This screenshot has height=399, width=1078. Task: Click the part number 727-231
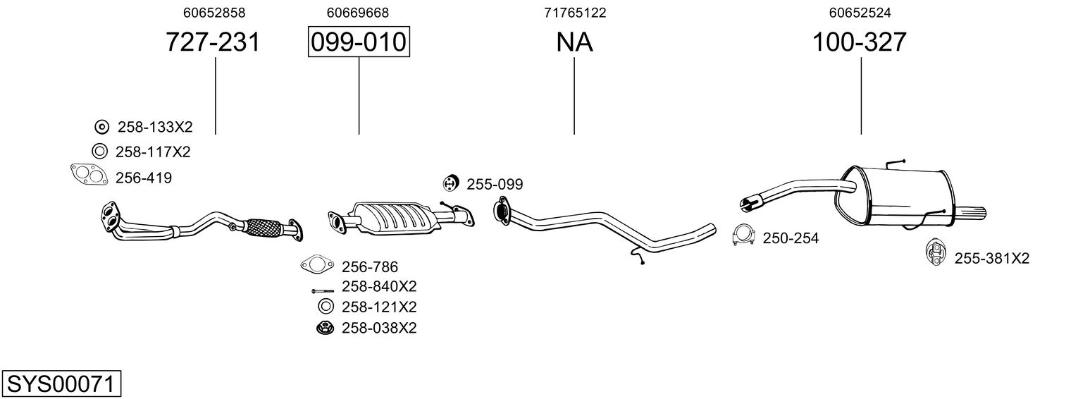point(213,42)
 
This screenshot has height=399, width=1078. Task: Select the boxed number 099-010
point(359,42)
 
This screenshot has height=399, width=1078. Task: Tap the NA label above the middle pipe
point(574,42)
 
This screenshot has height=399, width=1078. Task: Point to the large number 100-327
point(860,42)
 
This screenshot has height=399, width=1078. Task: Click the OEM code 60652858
point(213,13)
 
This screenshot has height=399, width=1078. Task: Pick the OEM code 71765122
point(575,13)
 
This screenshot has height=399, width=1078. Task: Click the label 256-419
point(143,178)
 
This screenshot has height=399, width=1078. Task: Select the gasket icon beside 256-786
point(316,266)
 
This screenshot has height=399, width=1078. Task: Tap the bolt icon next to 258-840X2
point(322,290)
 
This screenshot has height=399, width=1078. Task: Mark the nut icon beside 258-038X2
point(325,328)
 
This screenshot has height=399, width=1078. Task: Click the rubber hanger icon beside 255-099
point(451,183)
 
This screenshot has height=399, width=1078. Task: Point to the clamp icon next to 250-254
point(743,236)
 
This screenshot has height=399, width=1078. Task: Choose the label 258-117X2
point(153,152)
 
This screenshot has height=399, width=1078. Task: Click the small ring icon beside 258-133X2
point(101,127)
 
